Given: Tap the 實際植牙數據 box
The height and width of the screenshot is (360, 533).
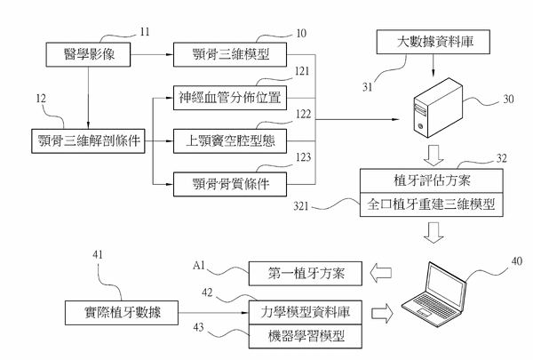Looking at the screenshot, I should (x=122, y=313).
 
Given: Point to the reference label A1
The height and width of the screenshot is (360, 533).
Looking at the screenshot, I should (x=201, y=264).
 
